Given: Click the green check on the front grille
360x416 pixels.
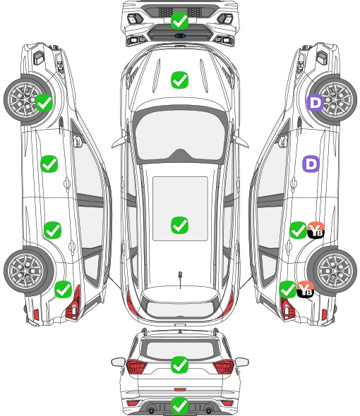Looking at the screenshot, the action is (179, 20).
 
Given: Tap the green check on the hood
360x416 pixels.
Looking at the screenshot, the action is (179, 80).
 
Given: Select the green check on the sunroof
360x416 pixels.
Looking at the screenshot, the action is (179, 225).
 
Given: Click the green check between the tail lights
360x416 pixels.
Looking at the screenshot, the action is (179, 365).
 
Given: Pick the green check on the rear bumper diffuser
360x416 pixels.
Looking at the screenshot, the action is (179, 405).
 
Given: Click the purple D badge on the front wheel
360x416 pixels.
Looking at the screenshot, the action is (316, 102).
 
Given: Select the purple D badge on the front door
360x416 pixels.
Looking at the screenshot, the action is (311, 164).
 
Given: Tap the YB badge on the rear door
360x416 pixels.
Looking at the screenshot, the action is (316, 230).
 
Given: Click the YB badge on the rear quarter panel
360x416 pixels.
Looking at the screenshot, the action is (305, 289).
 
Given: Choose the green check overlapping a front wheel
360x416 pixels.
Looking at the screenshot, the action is (44, 102).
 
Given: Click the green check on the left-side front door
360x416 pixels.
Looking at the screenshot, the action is (49, 164).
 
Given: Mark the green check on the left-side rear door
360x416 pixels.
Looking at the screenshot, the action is (53, 230).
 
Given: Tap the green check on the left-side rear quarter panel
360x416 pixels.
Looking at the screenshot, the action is (64, 289).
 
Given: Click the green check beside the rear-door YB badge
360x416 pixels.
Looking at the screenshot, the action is (298, 230).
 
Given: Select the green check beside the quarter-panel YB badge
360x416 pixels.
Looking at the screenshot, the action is (288, 289).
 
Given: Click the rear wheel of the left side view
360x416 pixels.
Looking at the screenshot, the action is (26, 271).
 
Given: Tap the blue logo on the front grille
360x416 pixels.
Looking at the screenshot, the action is (180, 35).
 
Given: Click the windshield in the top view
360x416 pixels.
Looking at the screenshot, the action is (180, 135).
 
